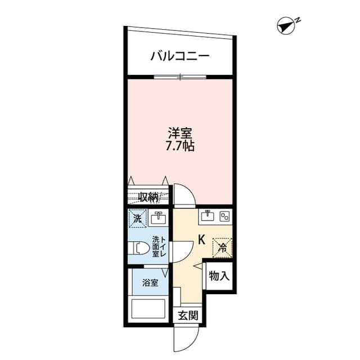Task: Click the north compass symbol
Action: pos(286,26)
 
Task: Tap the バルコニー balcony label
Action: pos(180,56)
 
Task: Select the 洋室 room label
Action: pos(180,133)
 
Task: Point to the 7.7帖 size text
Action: pos(180,146)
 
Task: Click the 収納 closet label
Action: pos(149,197)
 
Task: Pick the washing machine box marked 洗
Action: pos(137,218)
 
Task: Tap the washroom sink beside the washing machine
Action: pos(159,218)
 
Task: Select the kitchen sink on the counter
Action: pos(208,216)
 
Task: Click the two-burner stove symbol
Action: pos(224,216)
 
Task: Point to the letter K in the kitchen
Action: pos(201,240)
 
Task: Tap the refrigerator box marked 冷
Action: pos(222,247)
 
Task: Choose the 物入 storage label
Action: pos(219,276)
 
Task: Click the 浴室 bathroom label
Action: pos(150,282)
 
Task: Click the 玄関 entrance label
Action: pos(188,316)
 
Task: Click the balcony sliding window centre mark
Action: pos(181,76)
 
